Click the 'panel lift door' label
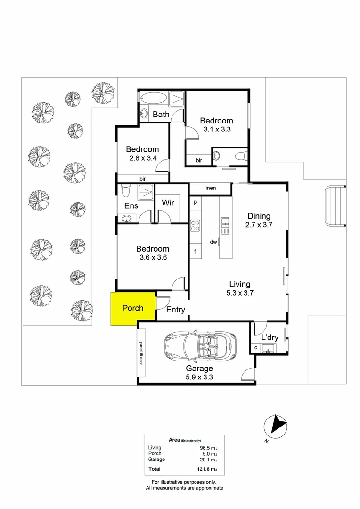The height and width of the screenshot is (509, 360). pyautogui.click(x=141, y=353)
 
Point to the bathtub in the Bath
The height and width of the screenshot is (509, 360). pyautogui.click(x=153, y=99)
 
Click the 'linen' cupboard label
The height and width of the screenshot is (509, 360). pyautogui.click(x=210, y=189)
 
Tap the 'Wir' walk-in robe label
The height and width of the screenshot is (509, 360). pyautogui.click(x=168, y=203)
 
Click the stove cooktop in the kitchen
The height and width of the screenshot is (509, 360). pyautogui.click(x=196, y=226)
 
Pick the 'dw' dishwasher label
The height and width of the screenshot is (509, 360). pyautogui.click(x=213, y=242)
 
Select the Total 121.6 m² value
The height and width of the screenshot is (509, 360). pyautogui.click(x=207, y=469)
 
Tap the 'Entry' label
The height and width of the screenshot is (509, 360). pyautogui.click(x=176, y=310)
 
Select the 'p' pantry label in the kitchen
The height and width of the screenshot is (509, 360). pyautogui.click(x=195, y=202)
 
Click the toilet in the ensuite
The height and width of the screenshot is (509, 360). pyautogui.click(x=125, y=191)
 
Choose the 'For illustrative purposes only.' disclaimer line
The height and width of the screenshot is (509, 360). pyautogui.click(x=184, y=482)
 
